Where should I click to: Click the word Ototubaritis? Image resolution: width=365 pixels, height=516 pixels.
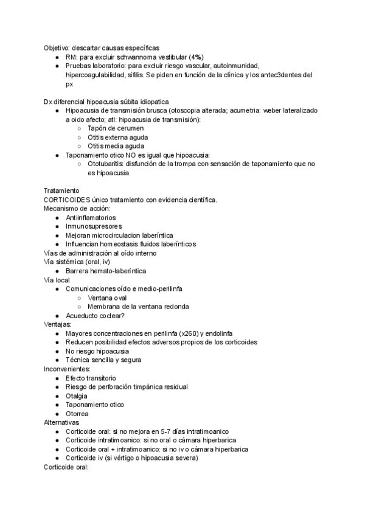(105, 164)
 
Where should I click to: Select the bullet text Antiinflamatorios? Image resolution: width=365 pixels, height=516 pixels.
(91, 217)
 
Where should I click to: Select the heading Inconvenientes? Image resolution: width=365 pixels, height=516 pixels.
(67, 369)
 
